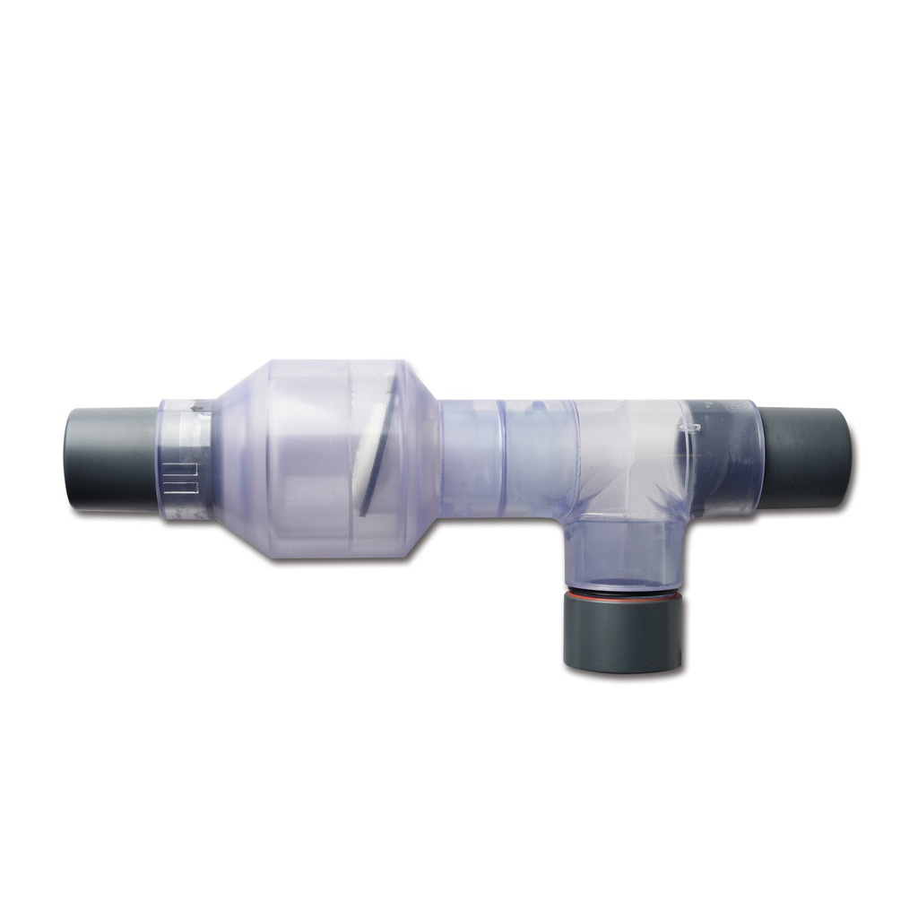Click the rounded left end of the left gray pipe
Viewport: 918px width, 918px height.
(70, 459)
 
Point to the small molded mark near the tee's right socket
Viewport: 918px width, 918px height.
(690, 417)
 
